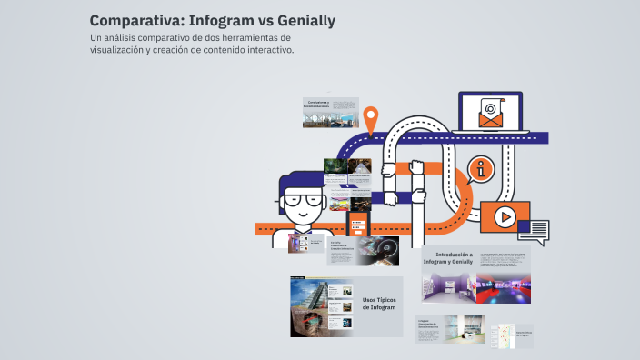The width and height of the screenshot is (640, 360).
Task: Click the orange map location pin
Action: click(x=370, y=117)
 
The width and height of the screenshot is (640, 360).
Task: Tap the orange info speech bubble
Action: click(x=481, y=168)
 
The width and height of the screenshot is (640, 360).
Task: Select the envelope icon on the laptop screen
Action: click(x=490, y=115)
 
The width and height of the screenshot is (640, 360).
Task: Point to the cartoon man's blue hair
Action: click(x=301, y=179)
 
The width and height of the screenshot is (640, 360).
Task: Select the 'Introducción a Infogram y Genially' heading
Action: click(x=454, y=259)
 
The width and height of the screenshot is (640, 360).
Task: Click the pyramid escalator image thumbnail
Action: click(x=307, y=294)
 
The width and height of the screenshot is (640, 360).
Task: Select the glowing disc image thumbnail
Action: click(x=376, y=250)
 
